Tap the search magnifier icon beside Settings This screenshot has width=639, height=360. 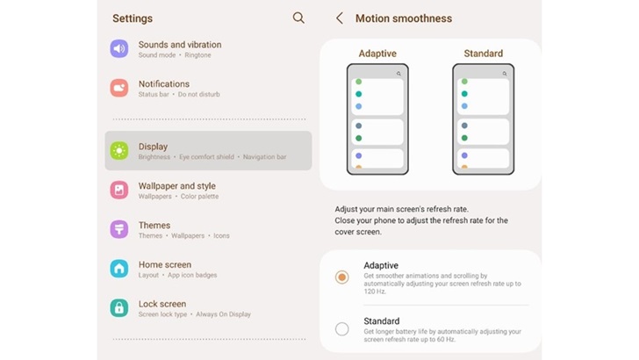coord(298,18)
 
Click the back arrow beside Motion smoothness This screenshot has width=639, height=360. coord(339,18)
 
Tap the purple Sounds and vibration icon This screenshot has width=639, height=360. coord(119,48)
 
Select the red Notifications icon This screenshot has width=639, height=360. coord(119,88)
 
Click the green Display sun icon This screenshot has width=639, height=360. coord(119,150)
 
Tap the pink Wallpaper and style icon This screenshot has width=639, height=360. coord(119,190)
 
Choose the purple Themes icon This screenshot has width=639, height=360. coord(119,229)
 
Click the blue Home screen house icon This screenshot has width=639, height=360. coord(119,269)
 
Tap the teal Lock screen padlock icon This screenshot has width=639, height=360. coord(119,308)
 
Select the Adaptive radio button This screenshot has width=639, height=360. coord(342,277)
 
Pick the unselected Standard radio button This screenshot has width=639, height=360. coord(342,329)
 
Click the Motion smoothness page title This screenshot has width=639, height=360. coord(404,18)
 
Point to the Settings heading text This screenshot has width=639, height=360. coord(133,18)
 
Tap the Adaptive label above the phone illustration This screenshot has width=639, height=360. coord(377,54)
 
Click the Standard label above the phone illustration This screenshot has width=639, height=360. coord(484,54)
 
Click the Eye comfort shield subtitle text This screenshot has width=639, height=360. coord(206,157)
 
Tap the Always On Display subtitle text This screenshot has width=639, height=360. coord(223,314)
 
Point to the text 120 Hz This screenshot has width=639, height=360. coord(375,292)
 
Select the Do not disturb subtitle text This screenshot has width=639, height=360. coord(199,94)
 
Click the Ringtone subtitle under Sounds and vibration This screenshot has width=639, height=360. coord(197,55)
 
